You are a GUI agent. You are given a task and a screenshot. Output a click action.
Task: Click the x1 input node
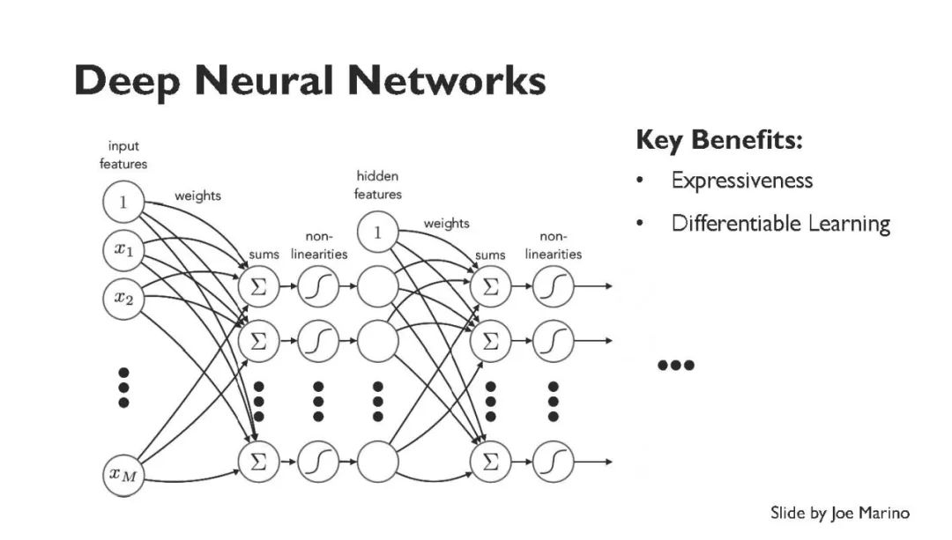[123, 249]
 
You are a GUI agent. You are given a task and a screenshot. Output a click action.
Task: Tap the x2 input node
[123, 298]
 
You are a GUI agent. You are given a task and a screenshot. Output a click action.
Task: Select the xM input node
[123, 475]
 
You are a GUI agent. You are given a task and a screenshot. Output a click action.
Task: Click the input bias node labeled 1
[123, 202]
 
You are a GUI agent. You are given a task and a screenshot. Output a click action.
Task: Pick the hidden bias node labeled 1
[377, 232]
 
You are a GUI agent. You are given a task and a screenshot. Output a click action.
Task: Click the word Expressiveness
[742, 181]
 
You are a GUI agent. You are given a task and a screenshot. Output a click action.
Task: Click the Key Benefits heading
[719, 140]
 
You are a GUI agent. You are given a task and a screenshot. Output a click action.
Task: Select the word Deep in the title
[127, 82]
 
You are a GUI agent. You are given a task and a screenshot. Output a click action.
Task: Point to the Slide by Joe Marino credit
[840, 514]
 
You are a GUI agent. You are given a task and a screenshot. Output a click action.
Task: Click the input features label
[123, 155]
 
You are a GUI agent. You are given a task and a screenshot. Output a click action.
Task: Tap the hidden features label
[377, 185]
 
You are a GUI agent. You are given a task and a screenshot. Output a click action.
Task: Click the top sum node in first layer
[258, 286]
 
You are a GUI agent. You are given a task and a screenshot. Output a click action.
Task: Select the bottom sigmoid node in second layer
[553, 462]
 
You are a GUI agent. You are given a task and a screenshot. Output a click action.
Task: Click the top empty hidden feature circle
[377, 286]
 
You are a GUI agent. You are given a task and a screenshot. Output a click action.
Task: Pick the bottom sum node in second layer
[491, 462]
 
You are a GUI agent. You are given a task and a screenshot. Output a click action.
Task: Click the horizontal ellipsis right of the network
[676, 365]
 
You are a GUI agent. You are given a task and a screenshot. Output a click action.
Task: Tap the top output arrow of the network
[593, 286]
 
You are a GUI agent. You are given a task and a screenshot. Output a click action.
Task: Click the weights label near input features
[198, 196]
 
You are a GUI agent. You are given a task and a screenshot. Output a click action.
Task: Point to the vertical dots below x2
[124, 387]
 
